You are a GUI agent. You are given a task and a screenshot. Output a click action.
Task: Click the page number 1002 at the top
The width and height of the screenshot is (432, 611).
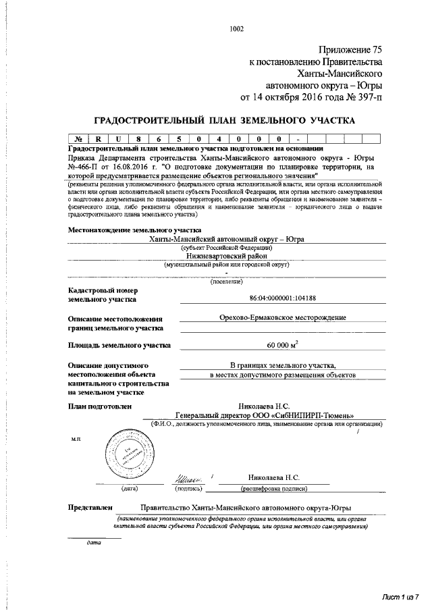[236, 29]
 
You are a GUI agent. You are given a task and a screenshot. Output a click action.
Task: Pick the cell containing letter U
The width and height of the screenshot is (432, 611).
[118, 139]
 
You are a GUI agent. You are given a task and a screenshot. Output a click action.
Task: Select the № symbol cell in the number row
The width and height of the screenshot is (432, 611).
[79, 139]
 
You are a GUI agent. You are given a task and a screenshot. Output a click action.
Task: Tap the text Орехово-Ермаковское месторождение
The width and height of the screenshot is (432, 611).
[278, 317]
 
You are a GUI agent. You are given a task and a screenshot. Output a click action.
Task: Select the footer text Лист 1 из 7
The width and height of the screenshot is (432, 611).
[400, 595]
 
